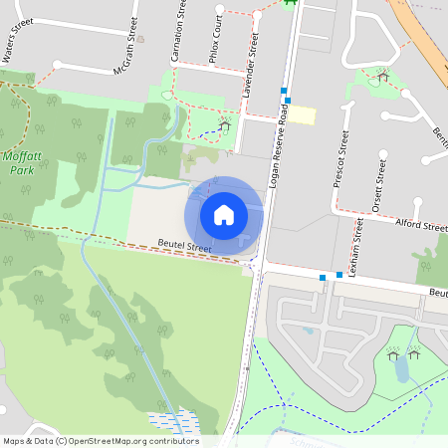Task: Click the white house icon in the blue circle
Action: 224,214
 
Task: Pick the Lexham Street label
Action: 355,242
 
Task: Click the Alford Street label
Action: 421,227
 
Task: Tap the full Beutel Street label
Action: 185,246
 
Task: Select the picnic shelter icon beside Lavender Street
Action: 225,124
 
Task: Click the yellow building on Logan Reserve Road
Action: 302,115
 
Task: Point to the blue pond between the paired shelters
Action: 400,369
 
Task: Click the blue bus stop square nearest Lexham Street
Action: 339,274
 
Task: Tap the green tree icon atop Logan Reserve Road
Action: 291,3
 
